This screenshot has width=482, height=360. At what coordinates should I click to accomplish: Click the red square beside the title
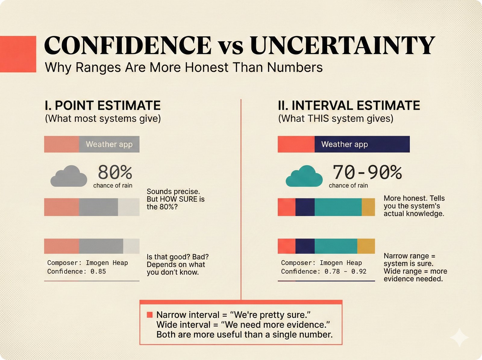18,54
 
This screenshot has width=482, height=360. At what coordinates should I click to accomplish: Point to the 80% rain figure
115,172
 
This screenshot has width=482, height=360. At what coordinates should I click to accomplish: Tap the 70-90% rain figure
367,172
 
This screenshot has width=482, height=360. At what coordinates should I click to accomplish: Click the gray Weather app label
109,144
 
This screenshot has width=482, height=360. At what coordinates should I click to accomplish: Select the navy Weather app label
345,144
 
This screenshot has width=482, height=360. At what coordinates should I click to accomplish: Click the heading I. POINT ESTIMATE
102,106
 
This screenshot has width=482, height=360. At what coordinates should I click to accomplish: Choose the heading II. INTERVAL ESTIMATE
349,106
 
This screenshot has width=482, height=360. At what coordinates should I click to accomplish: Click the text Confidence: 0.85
77,271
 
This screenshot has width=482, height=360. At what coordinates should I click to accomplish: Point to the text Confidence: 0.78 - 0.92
324,271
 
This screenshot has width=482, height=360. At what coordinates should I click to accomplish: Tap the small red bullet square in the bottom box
149,315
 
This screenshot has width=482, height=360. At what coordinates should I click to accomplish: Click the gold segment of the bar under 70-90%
368,207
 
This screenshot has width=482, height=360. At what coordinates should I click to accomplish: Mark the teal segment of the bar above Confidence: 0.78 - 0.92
336,246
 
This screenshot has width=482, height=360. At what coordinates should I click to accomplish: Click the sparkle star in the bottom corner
459,338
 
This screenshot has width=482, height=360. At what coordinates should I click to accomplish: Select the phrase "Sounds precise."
173,191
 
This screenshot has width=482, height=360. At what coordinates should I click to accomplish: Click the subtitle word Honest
207,67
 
